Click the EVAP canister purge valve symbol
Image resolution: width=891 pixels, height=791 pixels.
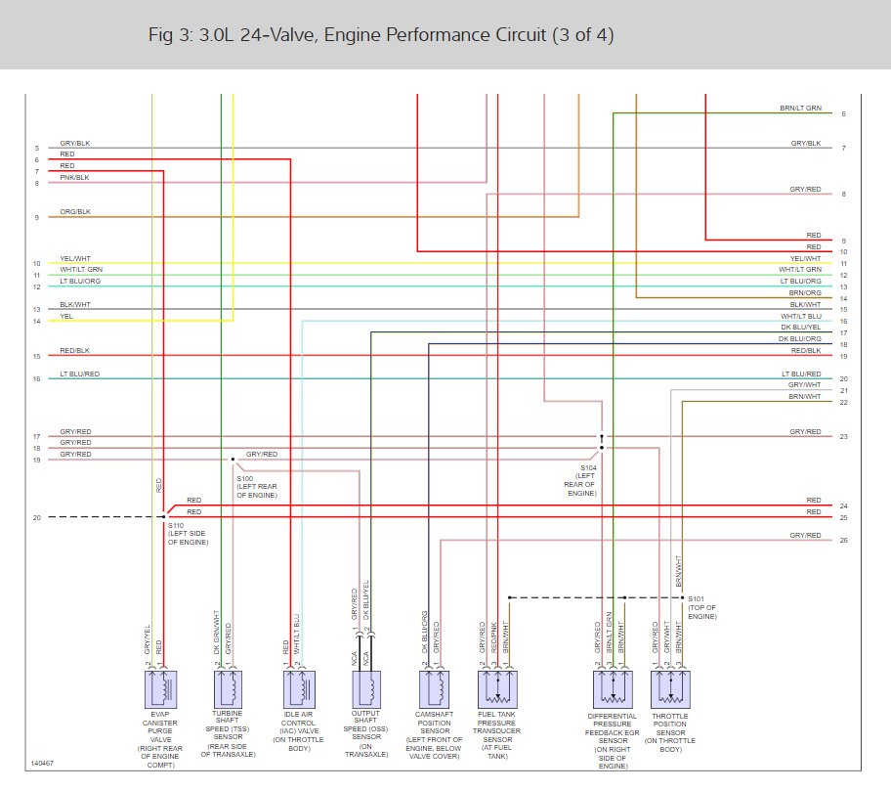(x=161, y=688)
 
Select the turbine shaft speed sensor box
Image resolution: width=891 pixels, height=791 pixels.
(x=228, y=688)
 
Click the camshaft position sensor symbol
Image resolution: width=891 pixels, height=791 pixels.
(x=435, y=688)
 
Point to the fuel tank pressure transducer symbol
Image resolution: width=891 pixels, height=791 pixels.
(x=496, y=688)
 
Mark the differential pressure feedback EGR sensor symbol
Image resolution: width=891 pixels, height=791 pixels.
(x=613, y=688)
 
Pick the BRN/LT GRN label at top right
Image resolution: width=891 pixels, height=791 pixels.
(x=800, y=108)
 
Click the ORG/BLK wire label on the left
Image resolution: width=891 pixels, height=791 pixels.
(x=75, y=211)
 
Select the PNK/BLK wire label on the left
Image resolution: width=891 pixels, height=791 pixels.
(x=74, y=177)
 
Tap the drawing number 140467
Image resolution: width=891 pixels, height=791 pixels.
(x=42, y=763)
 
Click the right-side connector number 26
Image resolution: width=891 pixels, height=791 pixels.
(x=843, y=541)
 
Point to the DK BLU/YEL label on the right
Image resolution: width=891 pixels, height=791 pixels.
(x=799, y=327)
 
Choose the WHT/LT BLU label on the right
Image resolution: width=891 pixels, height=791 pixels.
(x=800, y=316)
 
